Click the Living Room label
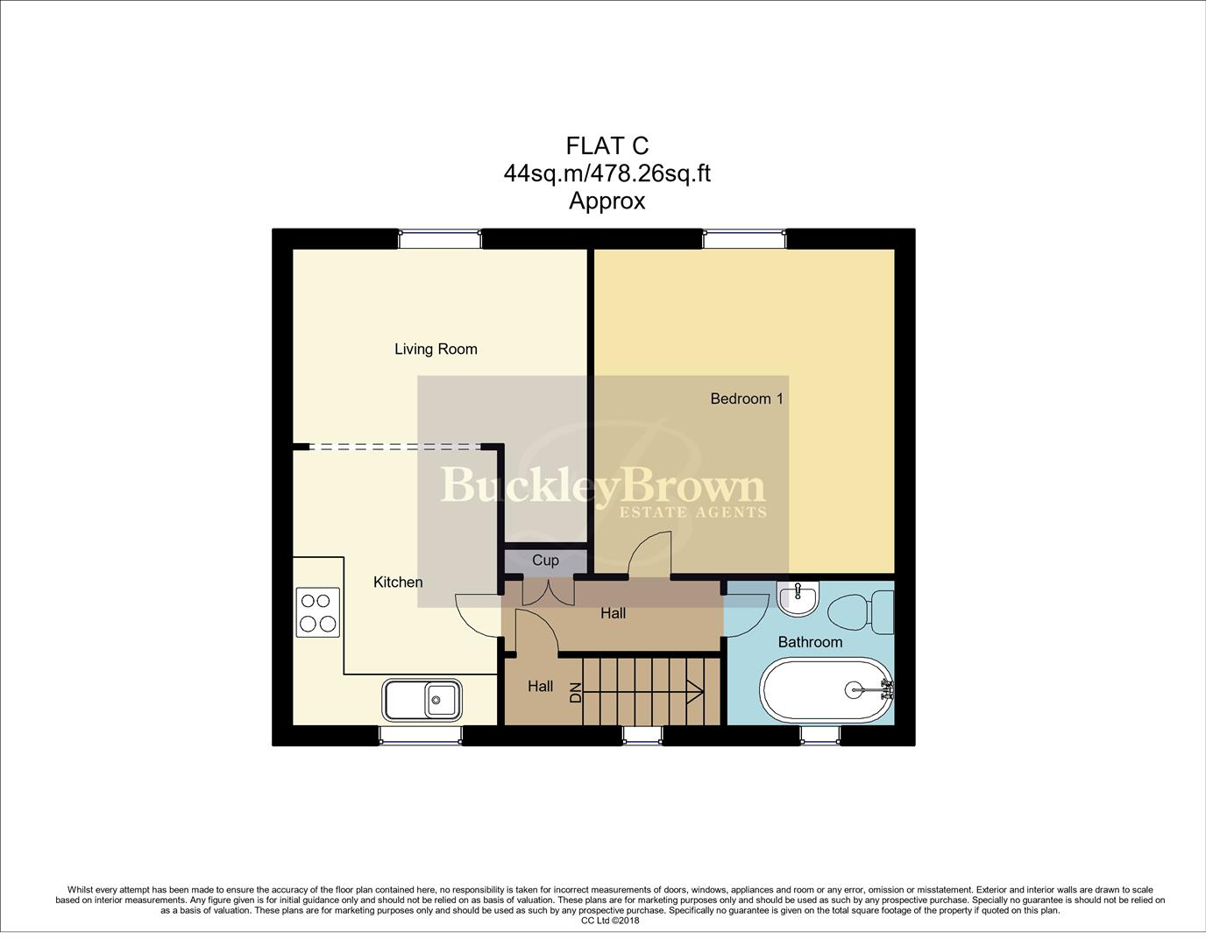coord(436,349)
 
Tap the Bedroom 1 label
coord(747,399)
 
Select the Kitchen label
coord(398,582)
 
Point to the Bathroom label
coord(811,642)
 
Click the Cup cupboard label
coord(545,561)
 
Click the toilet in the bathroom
coord(861,612)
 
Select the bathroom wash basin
coord(798,598)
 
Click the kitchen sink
coord(422,700)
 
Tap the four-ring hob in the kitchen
coord(318,612)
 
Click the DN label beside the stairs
coord(576,693)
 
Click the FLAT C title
coord(607,146)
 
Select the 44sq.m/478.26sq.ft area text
coord(607,173)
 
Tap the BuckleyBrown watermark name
coord(603,485)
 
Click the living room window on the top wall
coord(440,240)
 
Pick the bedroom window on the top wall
coord(744,240)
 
